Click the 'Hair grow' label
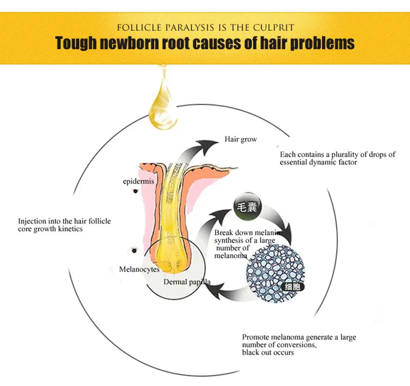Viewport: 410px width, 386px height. [x=240, y=139]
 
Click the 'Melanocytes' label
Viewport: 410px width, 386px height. [x=139, y=269]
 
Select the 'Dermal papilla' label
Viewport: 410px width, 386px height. [x=187, y=282]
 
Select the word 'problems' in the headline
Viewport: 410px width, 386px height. [x=322, y=43]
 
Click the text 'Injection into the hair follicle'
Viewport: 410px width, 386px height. [x=65, y=221]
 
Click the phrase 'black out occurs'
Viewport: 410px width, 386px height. [x=268, y=352]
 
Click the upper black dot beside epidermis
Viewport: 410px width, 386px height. [x=136, y=191]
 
